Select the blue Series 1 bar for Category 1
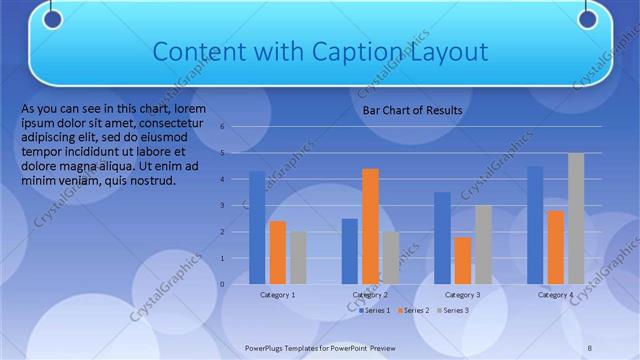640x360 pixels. click(x=257, y=227)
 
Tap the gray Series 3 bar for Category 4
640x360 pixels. click(x=575, y=218)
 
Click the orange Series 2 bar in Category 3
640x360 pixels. click(x=462, y=260)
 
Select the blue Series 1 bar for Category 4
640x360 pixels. click(x=534, y=225)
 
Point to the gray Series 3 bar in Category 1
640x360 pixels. click(x=298, y=257)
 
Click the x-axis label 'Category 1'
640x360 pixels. click(x=277, y=295)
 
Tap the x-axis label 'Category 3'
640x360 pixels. click(x=462, y=295)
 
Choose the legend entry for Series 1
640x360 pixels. click(x=375, y=311)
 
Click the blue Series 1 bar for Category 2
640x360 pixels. click(x=349, y=251)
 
